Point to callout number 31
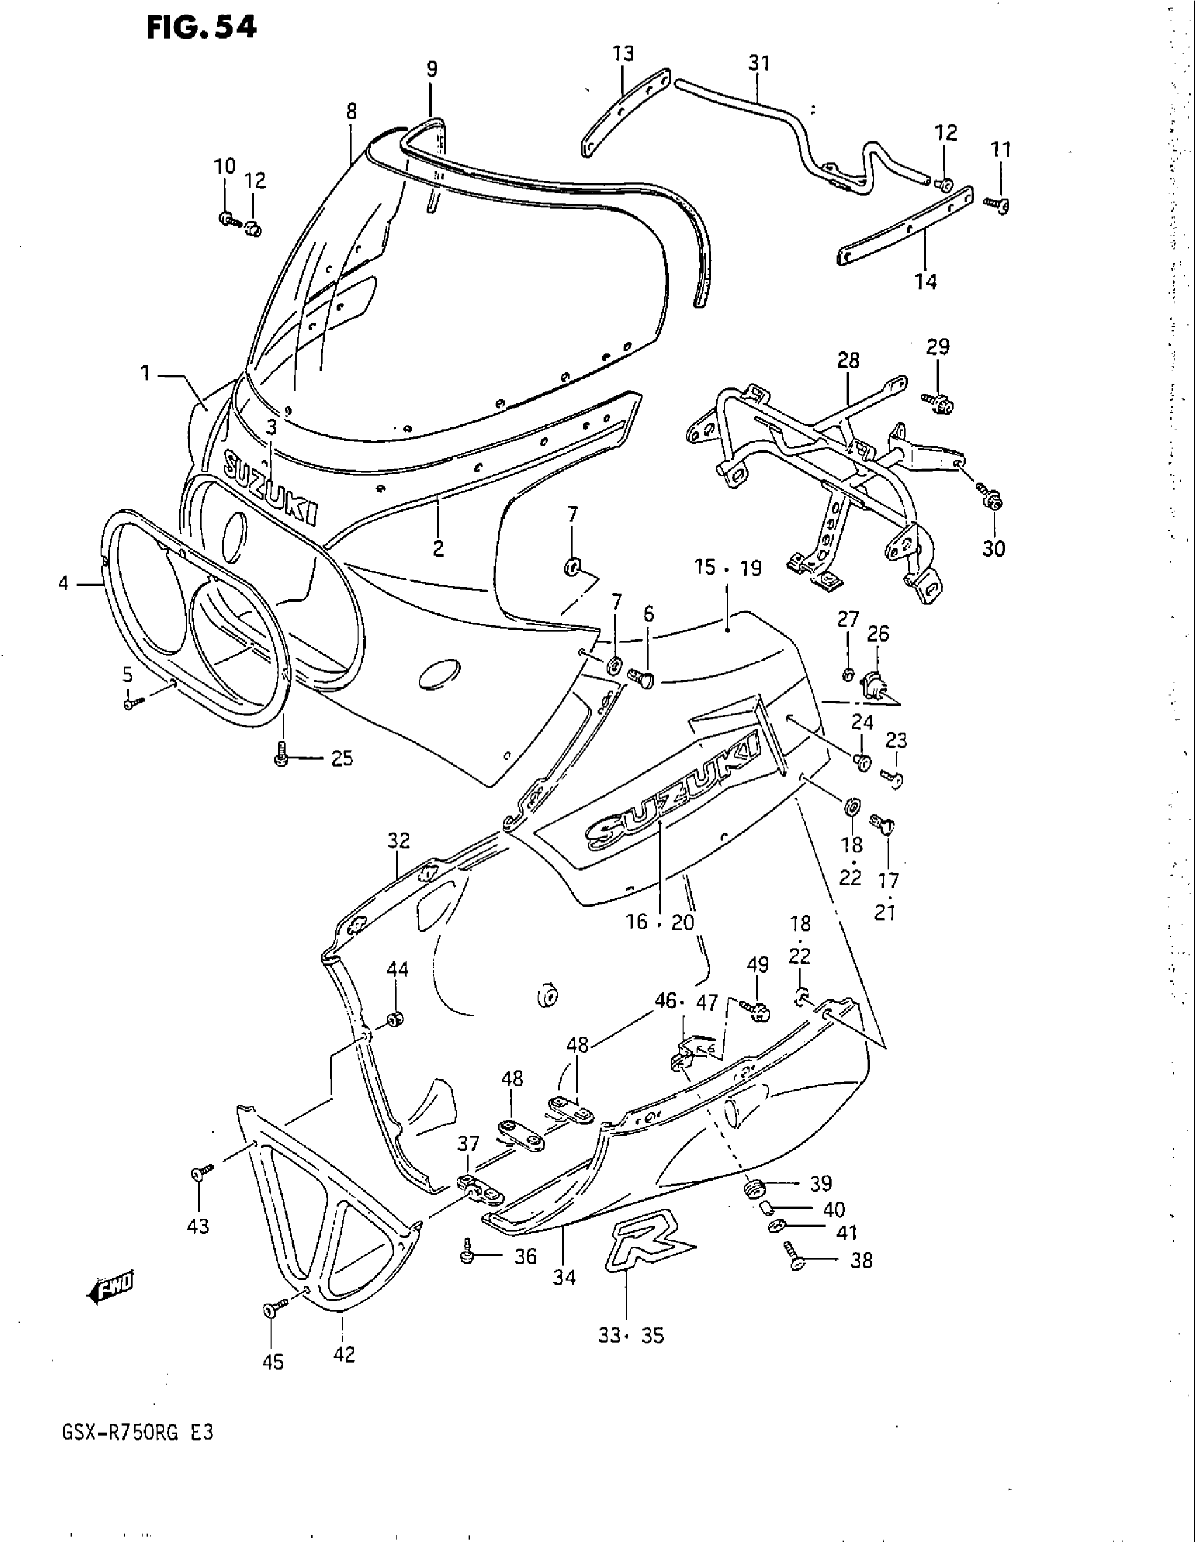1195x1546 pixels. tap(758, 64)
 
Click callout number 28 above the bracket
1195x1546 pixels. tap(848, 361)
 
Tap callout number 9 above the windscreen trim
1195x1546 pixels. tap(432, 70)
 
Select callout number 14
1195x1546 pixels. tap(925, 282)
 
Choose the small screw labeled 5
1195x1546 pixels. tap(131, 703)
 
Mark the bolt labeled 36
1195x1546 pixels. tap(467, 1255)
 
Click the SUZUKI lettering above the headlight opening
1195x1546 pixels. tap(270, 488)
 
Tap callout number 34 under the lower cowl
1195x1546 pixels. tap(564, 1277)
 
